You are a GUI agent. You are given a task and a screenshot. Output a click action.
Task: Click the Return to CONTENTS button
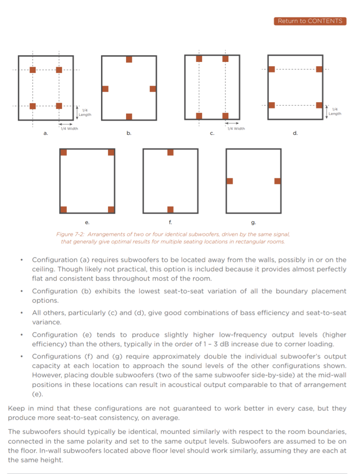coord(310,21)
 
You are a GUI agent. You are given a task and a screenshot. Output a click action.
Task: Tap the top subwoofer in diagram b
coord(129,60)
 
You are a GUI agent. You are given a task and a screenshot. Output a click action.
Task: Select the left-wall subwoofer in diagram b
coord(105,89)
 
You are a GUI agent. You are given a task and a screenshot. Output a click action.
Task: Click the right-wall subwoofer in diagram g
coord(277,181)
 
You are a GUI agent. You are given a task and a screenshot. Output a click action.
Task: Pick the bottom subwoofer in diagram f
coord(170,209)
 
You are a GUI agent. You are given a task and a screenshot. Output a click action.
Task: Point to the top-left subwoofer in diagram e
coord(64,152)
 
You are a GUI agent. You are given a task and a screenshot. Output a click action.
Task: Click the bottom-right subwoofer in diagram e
coord(111,209)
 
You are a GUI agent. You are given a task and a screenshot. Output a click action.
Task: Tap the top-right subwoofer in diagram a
coord(59,70)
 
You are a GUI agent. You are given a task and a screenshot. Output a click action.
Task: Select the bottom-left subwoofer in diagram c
coord(199,116)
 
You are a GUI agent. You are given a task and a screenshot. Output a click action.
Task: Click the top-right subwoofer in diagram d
coord(319,69)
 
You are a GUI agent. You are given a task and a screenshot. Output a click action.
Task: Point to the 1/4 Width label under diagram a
coord(69,129)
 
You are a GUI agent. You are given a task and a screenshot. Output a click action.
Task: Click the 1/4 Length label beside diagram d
coord(335,111)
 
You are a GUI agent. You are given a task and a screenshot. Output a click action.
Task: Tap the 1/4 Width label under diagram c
coord(236,129)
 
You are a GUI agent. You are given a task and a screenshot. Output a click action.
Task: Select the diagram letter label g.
coord(253,223)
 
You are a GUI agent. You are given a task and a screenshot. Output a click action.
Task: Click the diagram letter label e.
coord(87,223)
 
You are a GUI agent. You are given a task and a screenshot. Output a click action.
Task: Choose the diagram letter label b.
coord(129,133)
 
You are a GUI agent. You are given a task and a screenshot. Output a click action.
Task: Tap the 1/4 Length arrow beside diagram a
coord(77,112)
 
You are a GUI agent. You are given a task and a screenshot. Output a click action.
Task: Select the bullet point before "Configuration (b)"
coord(22,291)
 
